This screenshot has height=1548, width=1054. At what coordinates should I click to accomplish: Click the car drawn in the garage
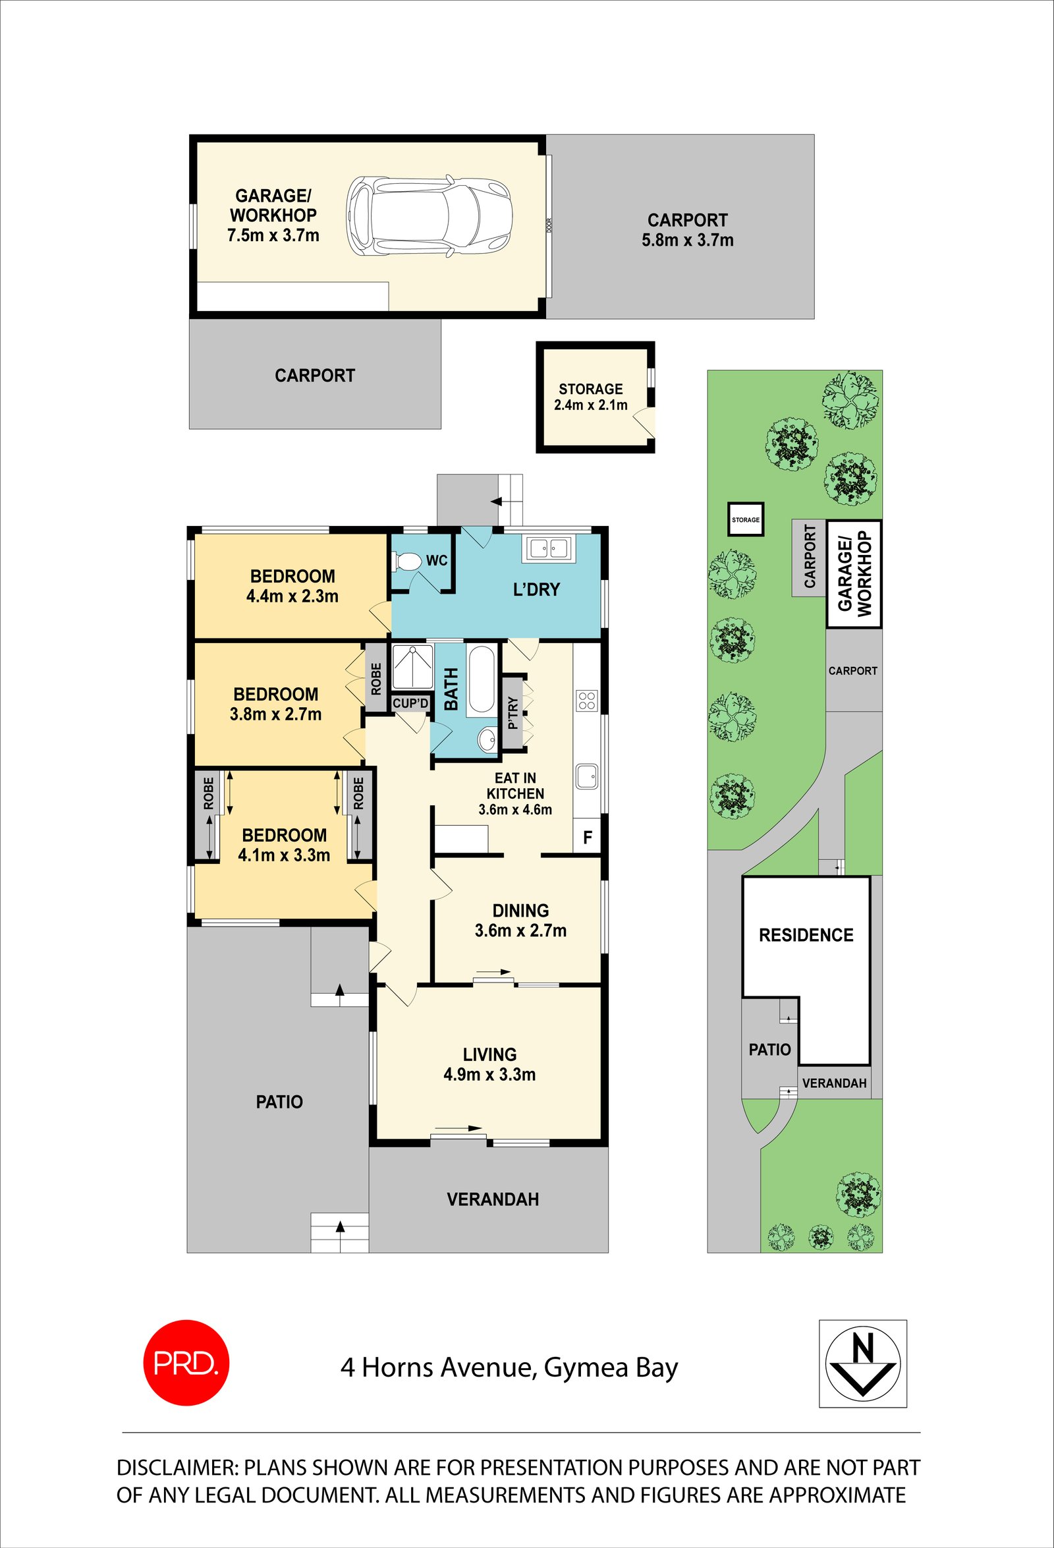pyautogui.click(x=430, y=215)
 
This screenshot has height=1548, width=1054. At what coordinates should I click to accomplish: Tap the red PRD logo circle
pyautogui.click(x=186, y=1363)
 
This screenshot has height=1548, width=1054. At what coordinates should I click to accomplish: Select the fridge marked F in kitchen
pyautogui.click(x=586, y=838)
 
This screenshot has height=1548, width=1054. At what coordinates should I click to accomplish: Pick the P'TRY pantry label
pyautogui.click(x=511, y=713)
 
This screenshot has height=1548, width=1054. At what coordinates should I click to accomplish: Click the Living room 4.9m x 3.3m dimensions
pyautogui.click(x=489, y=1074)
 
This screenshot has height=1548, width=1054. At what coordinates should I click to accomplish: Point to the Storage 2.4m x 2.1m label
pyautogui.click(x=591, y=405)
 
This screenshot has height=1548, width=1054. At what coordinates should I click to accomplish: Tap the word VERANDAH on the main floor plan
pyautogui.click(x=493, y=1199)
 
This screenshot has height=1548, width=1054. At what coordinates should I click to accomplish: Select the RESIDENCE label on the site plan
pyautogui.click(x=806, y=935)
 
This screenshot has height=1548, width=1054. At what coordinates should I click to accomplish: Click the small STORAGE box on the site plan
pyautogui.click(x=745, y=519)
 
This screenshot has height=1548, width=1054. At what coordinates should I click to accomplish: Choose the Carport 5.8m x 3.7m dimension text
pyautogui.click(x=687, y=241)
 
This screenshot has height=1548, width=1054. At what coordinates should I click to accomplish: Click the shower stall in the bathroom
pyautogui.click(x=413, y=668)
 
